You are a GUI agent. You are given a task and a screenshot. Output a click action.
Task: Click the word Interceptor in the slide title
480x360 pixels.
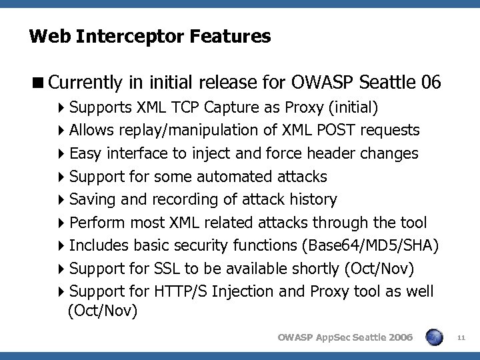coord(131,35)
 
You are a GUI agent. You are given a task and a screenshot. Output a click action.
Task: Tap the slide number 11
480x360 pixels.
coord(461,337)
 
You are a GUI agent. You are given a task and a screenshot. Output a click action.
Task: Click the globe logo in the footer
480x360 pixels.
coord(434,337)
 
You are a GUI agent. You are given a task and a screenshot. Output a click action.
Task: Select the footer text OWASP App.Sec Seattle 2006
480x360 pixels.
coord(345,337)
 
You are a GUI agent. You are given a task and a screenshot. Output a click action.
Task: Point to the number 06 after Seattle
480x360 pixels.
coord(431,82)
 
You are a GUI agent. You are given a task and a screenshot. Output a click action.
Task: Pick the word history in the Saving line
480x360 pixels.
coord(312,199)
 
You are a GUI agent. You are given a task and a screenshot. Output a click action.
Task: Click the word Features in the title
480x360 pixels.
coord(233,35)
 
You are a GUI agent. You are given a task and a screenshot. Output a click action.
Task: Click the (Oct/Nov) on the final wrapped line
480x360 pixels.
coord(103,310)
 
